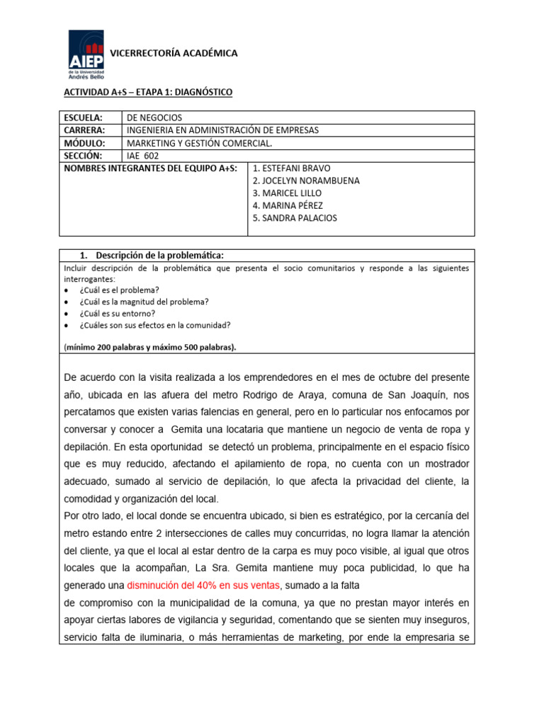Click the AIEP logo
[86, 55]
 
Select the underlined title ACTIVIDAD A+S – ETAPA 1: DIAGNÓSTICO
[148, 93]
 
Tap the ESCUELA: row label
[84, 118]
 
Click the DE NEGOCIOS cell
[154, 118]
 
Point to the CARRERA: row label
[84, 130]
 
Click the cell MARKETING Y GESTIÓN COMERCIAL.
[199, 143]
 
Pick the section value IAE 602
[143, 156]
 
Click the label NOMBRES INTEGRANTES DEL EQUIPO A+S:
[150, 169]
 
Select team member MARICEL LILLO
[286, 193]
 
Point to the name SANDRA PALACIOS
[295, 218]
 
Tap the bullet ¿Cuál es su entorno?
[118, 313]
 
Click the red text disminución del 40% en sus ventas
[204, 585]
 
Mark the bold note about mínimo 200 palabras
[150, 347]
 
